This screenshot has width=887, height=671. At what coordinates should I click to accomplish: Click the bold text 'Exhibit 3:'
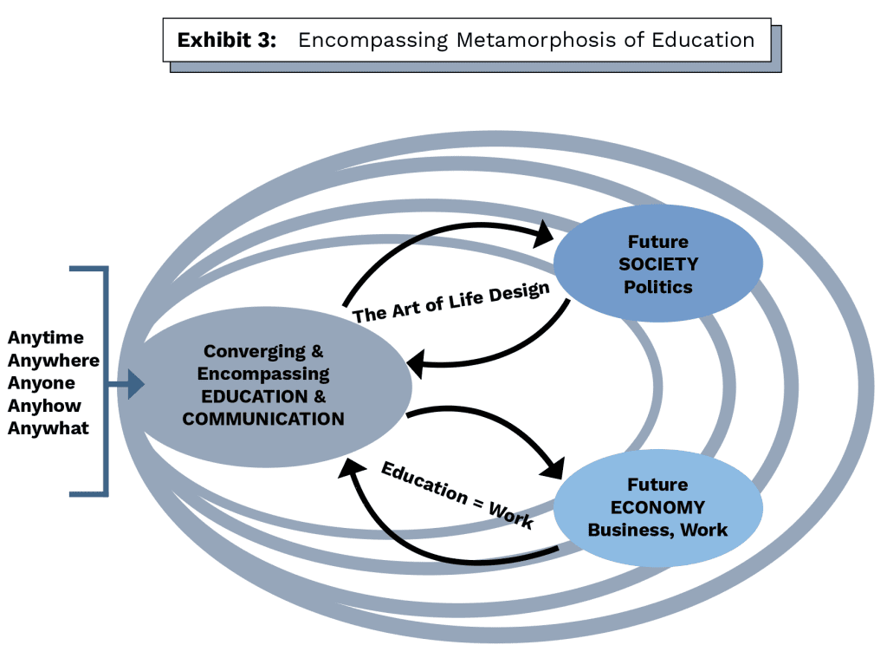226,41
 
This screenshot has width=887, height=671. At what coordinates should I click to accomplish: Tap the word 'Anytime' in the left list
46,337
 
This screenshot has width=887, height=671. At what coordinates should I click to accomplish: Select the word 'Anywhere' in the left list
54,360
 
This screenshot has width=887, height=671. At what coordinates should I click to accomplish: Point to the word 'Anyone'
42,382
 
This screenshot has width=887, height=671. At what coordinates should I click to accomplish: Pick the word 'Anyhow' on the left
44,405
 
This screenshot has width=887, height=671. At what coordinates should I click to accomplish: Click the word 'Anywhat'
49,427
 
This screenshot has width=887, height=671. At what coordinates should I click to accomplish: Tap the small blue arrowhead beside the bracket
136,383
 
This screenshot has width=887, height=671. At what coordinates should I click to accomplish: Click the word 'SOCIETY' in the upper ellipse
658,264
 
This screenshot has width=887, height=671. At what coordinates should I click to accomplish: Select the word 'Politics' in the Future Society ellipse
658,286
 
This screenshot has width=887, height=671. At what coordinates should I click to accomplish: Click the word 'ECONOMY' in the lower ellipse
658,507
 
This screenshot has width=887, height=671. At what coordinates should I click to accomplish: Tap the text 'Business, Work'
658,530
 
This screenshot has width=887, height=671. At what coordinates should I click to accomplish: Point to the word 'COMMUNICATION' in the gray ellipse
263,419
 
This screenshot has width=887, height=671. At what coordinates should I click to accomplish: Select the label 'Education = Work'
456,493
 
